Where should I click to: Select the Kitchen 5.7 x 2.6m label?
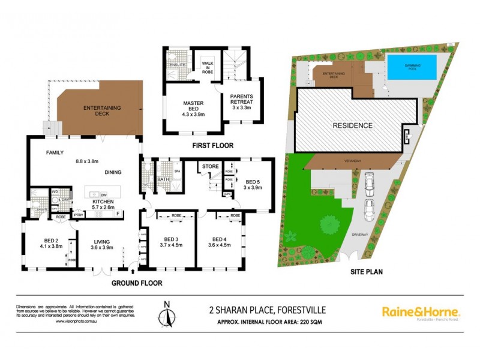click(x=103, y=205)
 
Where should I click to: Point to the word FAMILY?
click(x=55, y=153)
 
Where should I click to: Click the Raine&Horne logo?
click(x=421, y=313)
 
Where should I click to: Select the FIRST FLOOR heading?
click(x=214, y=146)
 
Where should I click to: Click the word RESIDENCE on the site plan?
click(x=354, y=125)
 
